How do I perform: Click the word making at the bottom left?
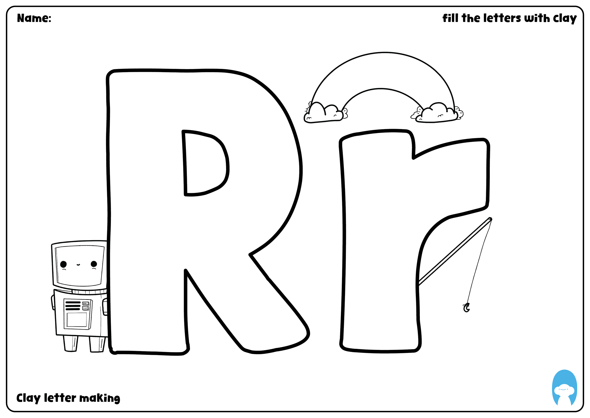[99, 398]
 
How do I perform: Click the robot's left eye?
[63, 264]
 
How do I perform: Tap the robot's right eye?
[94, 264]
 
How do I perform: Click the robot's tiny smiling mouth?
[78, 264]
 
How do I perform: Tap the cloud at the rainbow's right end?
[438, 113]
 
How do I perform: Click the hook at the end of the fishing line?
[466, 308]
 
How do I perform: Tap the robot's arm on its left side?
[53, 303]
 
